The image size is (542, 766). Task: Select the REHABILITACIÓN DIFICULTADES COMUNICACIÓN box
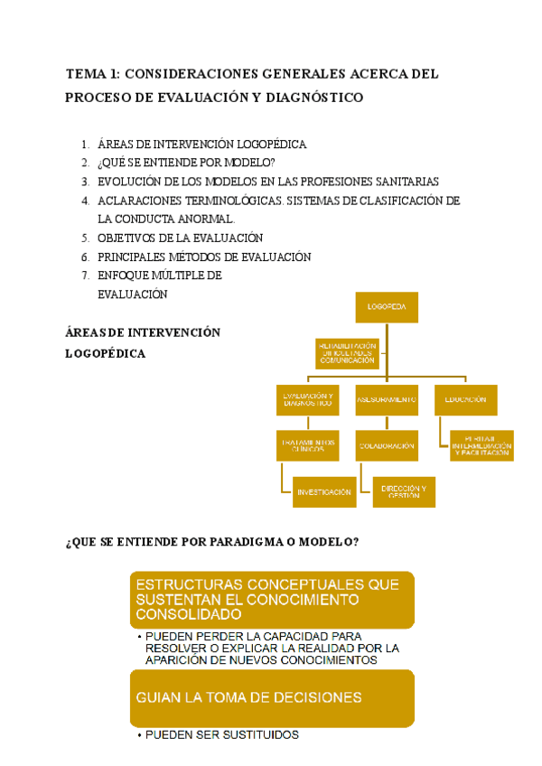click(x=346, y=353)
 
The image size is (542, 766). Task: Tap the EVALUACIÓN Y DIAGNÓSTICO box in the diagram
click(x=308, y=401)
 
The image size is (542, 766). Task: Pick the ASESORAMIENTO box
click(x=387, y=400)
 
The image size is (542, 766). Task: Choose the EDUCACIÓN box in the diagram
click(x=465, y=400)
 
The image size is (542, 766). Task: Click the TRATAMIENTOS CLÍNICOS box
click(x=308, y=445)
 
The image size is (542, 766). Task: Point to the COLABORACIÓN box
click(x=387, y=446)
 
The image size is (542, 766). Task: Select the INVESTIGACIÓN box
click(x=323, y=492)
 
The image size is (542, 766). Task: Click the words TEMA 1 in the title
click(x=92, y=74)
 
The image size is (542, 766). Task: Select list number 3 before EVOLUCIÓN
click(x=84, y=182)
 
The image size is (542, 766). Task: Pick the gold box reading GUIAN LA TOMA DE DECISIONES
click(x=272, y=697)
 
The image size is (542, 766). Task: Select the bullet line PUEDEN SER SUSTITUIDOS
click(x=220, y=735)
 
